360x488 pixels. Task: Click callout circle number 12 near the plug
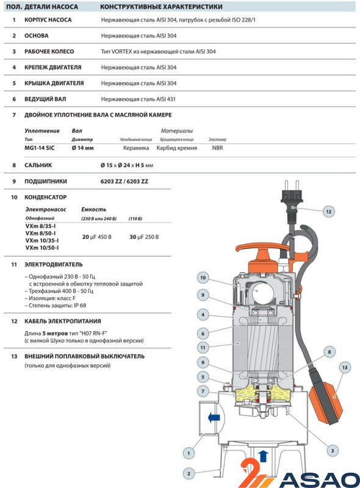329,212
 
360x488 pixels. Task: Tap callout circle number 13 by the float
345,368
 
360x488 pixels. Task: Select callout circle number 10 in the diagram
203,278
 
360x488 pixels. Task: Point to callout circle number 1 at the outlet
189,453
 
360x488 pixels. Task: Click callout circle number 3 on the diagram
333,451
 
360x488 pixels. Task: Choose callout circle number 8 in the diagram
329,353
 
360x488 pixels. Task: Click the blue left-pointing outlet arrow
214,418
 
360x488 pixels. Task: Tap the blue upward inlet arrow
264,456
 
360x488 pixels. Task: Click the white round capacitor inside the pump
263,293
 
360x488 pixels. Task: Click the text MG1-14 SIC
40,148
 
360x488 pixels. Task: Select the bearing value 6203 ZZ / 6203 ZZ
124,181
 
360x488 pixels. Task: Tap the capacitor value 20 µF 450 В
97,237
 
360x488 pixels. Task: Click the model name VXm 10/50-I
42,248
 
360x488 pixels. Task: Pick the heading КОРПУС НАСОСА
48,20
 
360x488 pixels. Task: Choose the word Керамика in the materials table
136,148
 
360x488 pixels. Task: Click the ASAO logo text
319,479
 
